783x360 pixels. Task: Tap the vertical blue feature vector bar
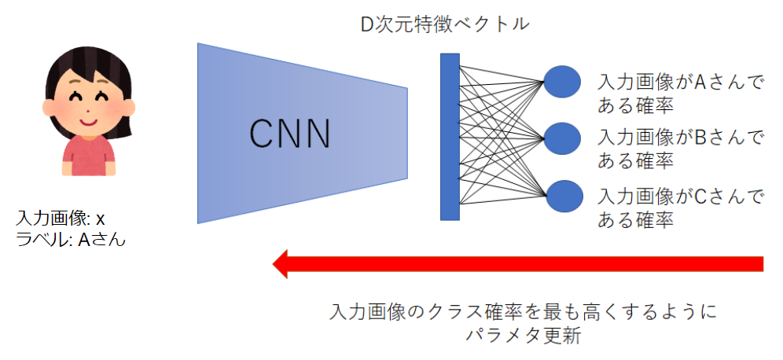click(450, 136)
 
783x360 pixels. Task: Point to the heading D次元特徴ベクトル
click(444, 24)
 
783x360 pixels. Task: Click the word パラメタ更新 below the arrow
click(522, 336)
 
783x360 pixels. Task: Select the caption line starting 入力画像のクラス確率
click(522, 312)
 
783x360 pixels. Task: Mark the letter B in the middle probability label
click(702, 138)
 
